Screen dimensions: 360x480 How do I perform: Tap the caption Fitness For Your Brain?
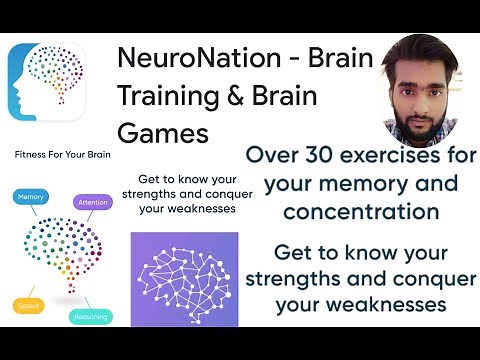pyautogui.click(x=62, y=155)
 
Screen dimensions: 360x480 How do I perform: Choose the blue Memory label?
pyautogui.click(x=31, y=198)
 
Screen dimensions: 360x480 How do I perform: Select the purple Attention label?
pyautogui.click(x=92, y=203)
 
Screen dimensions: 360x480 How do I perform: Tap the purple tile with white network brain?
pyautogui.click(x=184, y=279)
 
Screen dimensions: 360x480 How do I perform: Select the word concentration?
pyautogui.click(x=361, y=211)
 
